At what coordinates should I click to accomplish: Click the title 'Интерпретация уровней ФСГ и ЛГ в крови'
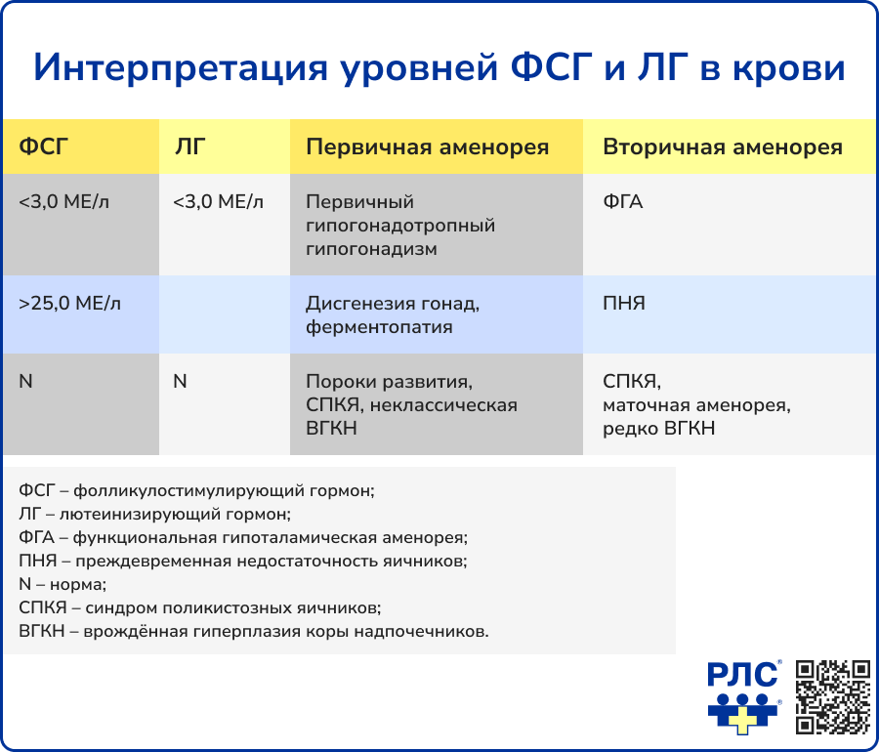pyautogui.click(x=439, y=69)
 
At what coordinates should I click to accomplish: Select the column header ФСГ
pyautogui.click(x=44, y=147)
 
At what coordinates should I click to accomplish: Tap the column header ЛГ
pyautogui.click(x=189, y=147)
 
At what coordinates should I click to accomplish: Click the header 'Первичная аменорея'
pyautogui.click(x=427, y=147)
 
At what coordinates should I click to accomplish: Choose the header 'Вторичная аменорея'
pyautogui.click(x=722, y=147)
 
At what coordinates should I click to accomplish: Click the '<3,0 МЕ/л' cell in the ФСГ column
pyautogui.click(x=63, y=202)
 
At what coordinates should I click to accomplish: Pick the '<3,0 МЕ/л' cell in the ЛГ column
pyautogui.click(x=218, y=202)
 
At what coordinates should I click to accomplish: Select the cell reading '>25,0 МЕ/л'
pyautogui.click(x=69, y=304)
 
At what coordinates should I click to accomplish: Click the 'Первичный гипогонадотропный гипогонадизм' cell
pyautogui.click(x=400, y=226)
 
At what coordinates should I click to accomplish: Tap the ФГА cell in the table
pyautogui.click(x=623, y=202)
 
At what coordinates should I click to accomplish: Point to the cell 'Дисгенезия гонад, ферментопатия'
pyautogui.click(x=393, y=315)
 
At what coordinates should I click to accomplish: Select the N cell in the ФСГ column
pyautogui.click(x=25, y=382)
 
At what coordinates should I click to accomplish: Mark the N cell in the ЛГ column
pyautogui.click(x=180, y=382)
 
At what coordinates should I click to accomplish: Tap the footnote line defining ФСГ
pyautogui.click(x=196, y=490)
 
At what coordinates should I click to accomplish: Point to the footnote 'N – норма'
pyautogui.click(x=63, y=584)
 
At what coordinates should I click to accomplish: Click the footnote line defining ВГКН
pyautogui.click(x=253, y=631)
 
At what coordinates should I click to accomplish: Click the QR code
pyautogui.click(x=833, y=696)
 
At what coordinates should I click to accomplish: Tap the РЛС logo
pyautogui.click(x=744, y=696)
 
